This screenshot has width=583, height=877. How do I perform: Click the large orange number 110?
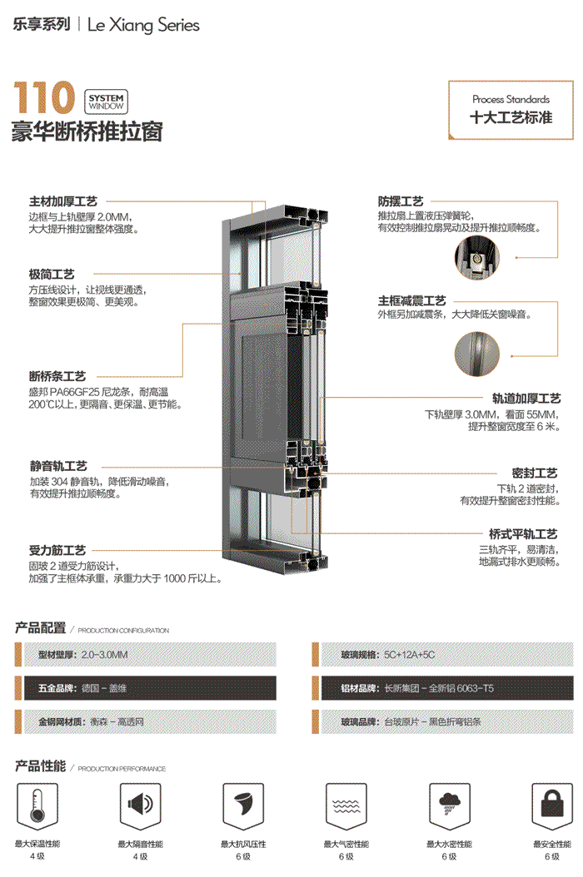coord(43,97)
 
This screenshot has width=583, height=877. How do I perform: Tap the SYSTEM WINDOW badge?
coord(105,102)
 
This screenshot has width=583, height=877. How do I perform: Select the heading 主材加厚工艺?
coord(63,202)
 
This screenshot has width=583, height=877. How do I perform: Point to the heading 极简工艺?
coord(52,274)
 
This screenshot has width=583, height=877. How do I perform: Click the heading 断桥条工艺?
coord(57,377)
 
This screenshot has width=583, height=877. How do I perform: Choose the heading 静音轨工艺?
coord(58,467)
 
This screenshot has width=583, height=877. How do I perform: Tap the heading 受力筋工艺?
coord(57,551)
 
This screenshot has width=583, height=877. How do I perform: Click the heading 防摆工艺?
coord(401,202)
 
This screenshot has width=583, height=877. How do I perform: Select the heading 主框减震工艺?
coord(412,300)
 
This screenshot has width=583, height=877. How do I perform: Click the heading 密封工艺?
coord(535,473)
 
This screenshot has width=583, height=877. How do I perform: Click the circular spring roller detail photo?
coord(476,258)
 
